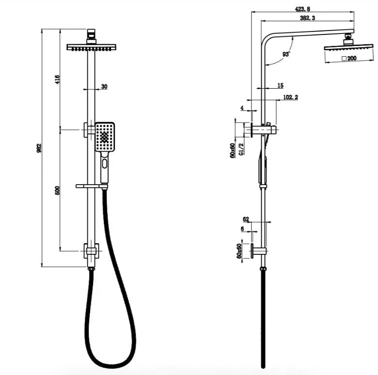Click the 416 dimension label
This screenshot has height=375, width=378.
point(57,79)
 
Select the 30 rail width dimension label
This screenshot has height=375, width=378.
point(104,87)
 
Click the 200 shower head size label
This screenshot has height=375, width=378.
point(351,59)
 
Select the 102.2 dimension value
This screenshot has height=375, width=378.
point(290,97)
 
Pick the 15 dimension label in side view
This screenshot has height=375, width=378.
point(280,86)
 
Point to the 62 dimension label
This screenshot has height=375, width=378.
point(246,219)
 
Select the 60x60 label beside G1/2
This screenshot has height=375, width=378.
point(233,150)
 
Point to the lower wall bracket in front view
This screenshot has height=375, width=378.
point(91,250)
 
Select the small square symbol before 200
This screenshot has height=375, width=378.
point(343,59)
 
